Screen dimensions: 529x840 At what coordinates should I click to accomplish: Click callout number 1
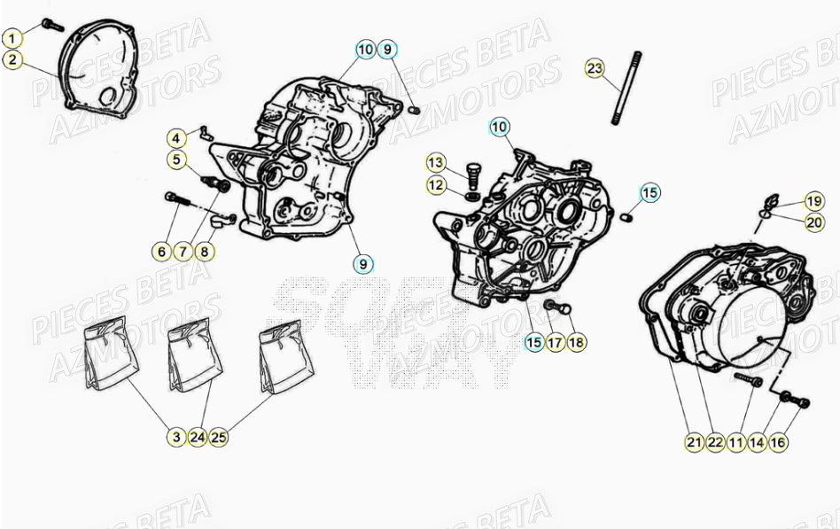(12, 39)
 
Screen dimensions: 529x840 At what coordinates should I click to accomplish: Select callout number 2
(12, 60)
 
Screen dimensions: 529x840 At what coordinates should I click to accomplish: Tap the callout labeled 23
(595, 68)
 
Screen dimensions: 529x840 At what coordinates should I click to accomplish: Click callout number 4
(177, 138)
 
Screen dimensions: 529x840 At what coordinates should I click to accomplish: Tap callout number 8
(204, 252)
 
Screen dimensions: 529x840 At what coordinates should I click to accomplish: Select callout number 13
(436, 163)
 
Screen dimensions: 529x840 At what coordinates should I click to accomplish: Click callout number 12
(436, 185)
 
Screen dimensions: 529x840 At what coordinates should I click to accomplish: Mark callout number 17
(555, 341)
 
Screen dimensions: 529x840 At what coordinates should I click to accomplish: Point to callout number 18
(576, 341)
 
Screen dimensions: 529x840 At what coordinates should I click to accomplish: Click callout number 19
(813, 200)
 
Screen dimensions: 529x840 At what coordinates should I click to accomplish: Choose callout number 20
(813, 222)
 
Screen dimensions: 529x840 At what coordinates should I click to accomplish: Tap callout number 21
(694, 441)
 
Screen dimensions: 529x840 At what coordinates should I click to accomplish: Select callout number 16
(777, 441)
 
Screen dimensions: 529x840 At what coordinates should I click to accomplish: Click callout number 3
(176, 436)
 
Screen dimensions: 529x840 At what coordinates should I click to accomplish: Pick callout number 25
(218, 436)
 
